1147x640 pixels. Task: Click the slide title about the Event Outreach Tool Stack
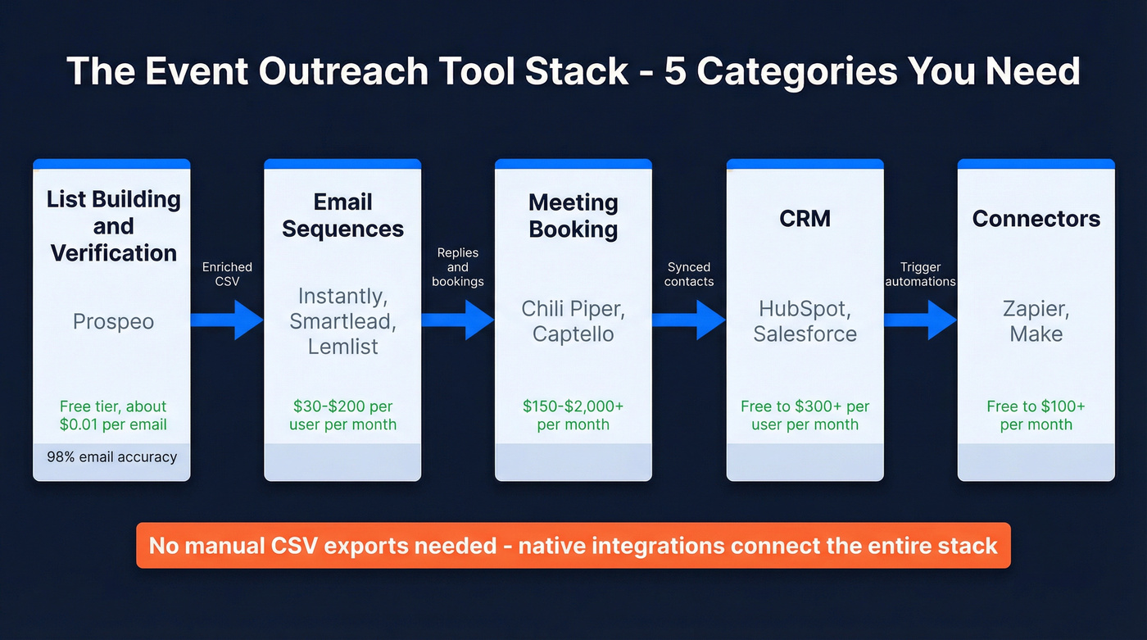click(573, 71)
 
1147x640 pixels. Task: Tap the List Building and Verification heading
click(113, 225)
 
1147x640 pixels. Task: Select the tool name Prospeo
click(113, 321)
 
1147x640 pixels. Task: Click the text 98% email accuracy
click(112, 456)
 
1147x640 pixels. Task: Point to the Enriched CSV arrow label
click(227, 274)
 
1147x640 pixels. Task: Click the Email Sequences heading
click(342, 215)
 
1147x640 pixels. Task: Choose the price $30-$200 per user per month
click(342, 415)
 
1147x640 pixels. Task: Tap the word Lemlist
click(342, 346)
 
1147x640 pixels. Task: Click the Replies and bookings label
click(458, 266)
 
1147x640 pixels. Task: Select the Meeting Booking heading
click(573, 215)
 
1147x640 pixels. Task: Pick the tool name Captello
click(573, 334)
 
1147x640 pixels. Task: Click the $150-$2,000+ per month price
click(573, 415)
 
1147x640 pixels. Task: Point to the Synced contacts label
click(689, 274)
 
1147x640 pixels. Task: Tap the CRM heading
click(805, 218)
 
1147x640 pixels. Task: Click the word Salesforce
click(805, 334)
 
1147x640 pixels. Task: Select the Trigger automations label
click(921, 274)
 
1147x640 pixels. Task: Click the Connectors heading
click(1036, 218)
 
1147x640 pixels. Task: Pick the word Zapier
click(1036, 309)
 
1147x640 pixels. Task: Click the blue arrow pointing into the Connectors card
click(921, 320)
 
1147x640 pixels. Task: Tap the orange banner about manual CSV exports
click(573, 545)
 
